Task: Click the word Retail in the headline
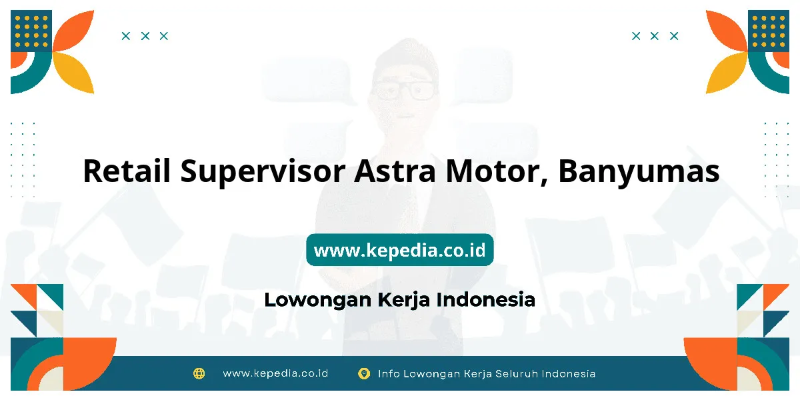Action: point(127,171)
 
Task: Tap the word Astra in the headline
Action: point(395,171)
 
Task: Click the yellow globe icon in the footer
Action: point(199,373)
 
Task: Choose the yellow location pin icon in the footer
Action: point(364,373)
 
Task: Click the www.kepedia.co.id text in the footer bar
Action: point(275,373)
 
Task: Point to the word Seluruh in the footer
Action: point(517,374)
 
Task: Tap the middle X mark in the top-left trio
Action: point(145,36)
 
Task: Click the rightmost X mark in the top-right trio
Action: point(674,36)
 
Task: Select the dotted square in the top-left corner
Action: point(31,31)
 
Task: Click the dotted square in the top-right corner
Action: point(769,31)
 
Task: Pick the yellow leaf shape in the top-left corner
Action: point(74,73)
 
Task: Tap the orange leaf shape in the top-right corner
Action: point(727,31)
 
